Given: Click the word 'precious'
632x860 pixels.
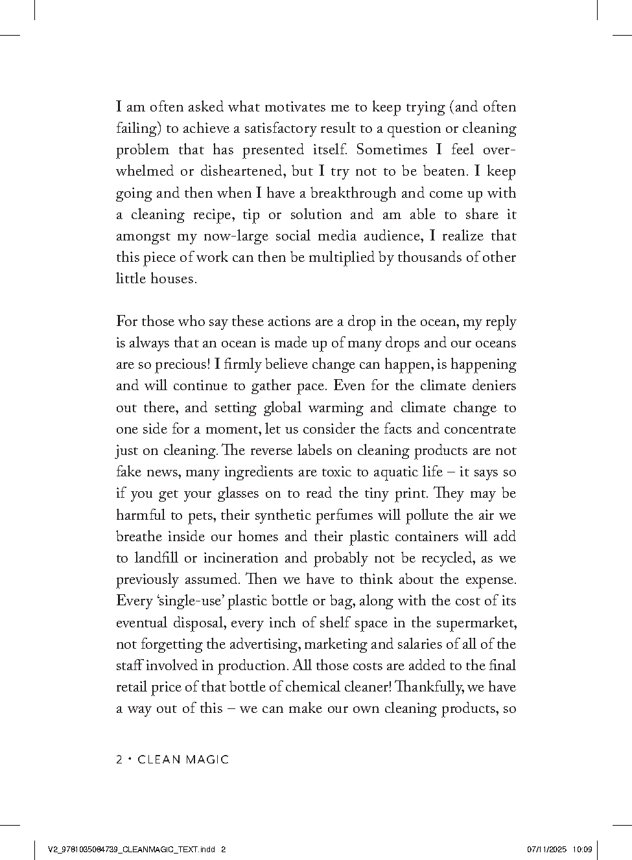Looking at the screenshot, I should point(178,364).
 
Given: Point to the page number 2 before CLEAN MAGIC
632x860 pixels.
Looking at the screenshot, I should point(119,760).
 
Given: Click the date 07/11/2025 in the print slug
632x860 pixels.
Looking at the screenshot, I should point(547,849).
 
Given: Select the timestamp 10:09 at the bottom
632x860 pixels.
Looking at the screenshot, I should point(583,849).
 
